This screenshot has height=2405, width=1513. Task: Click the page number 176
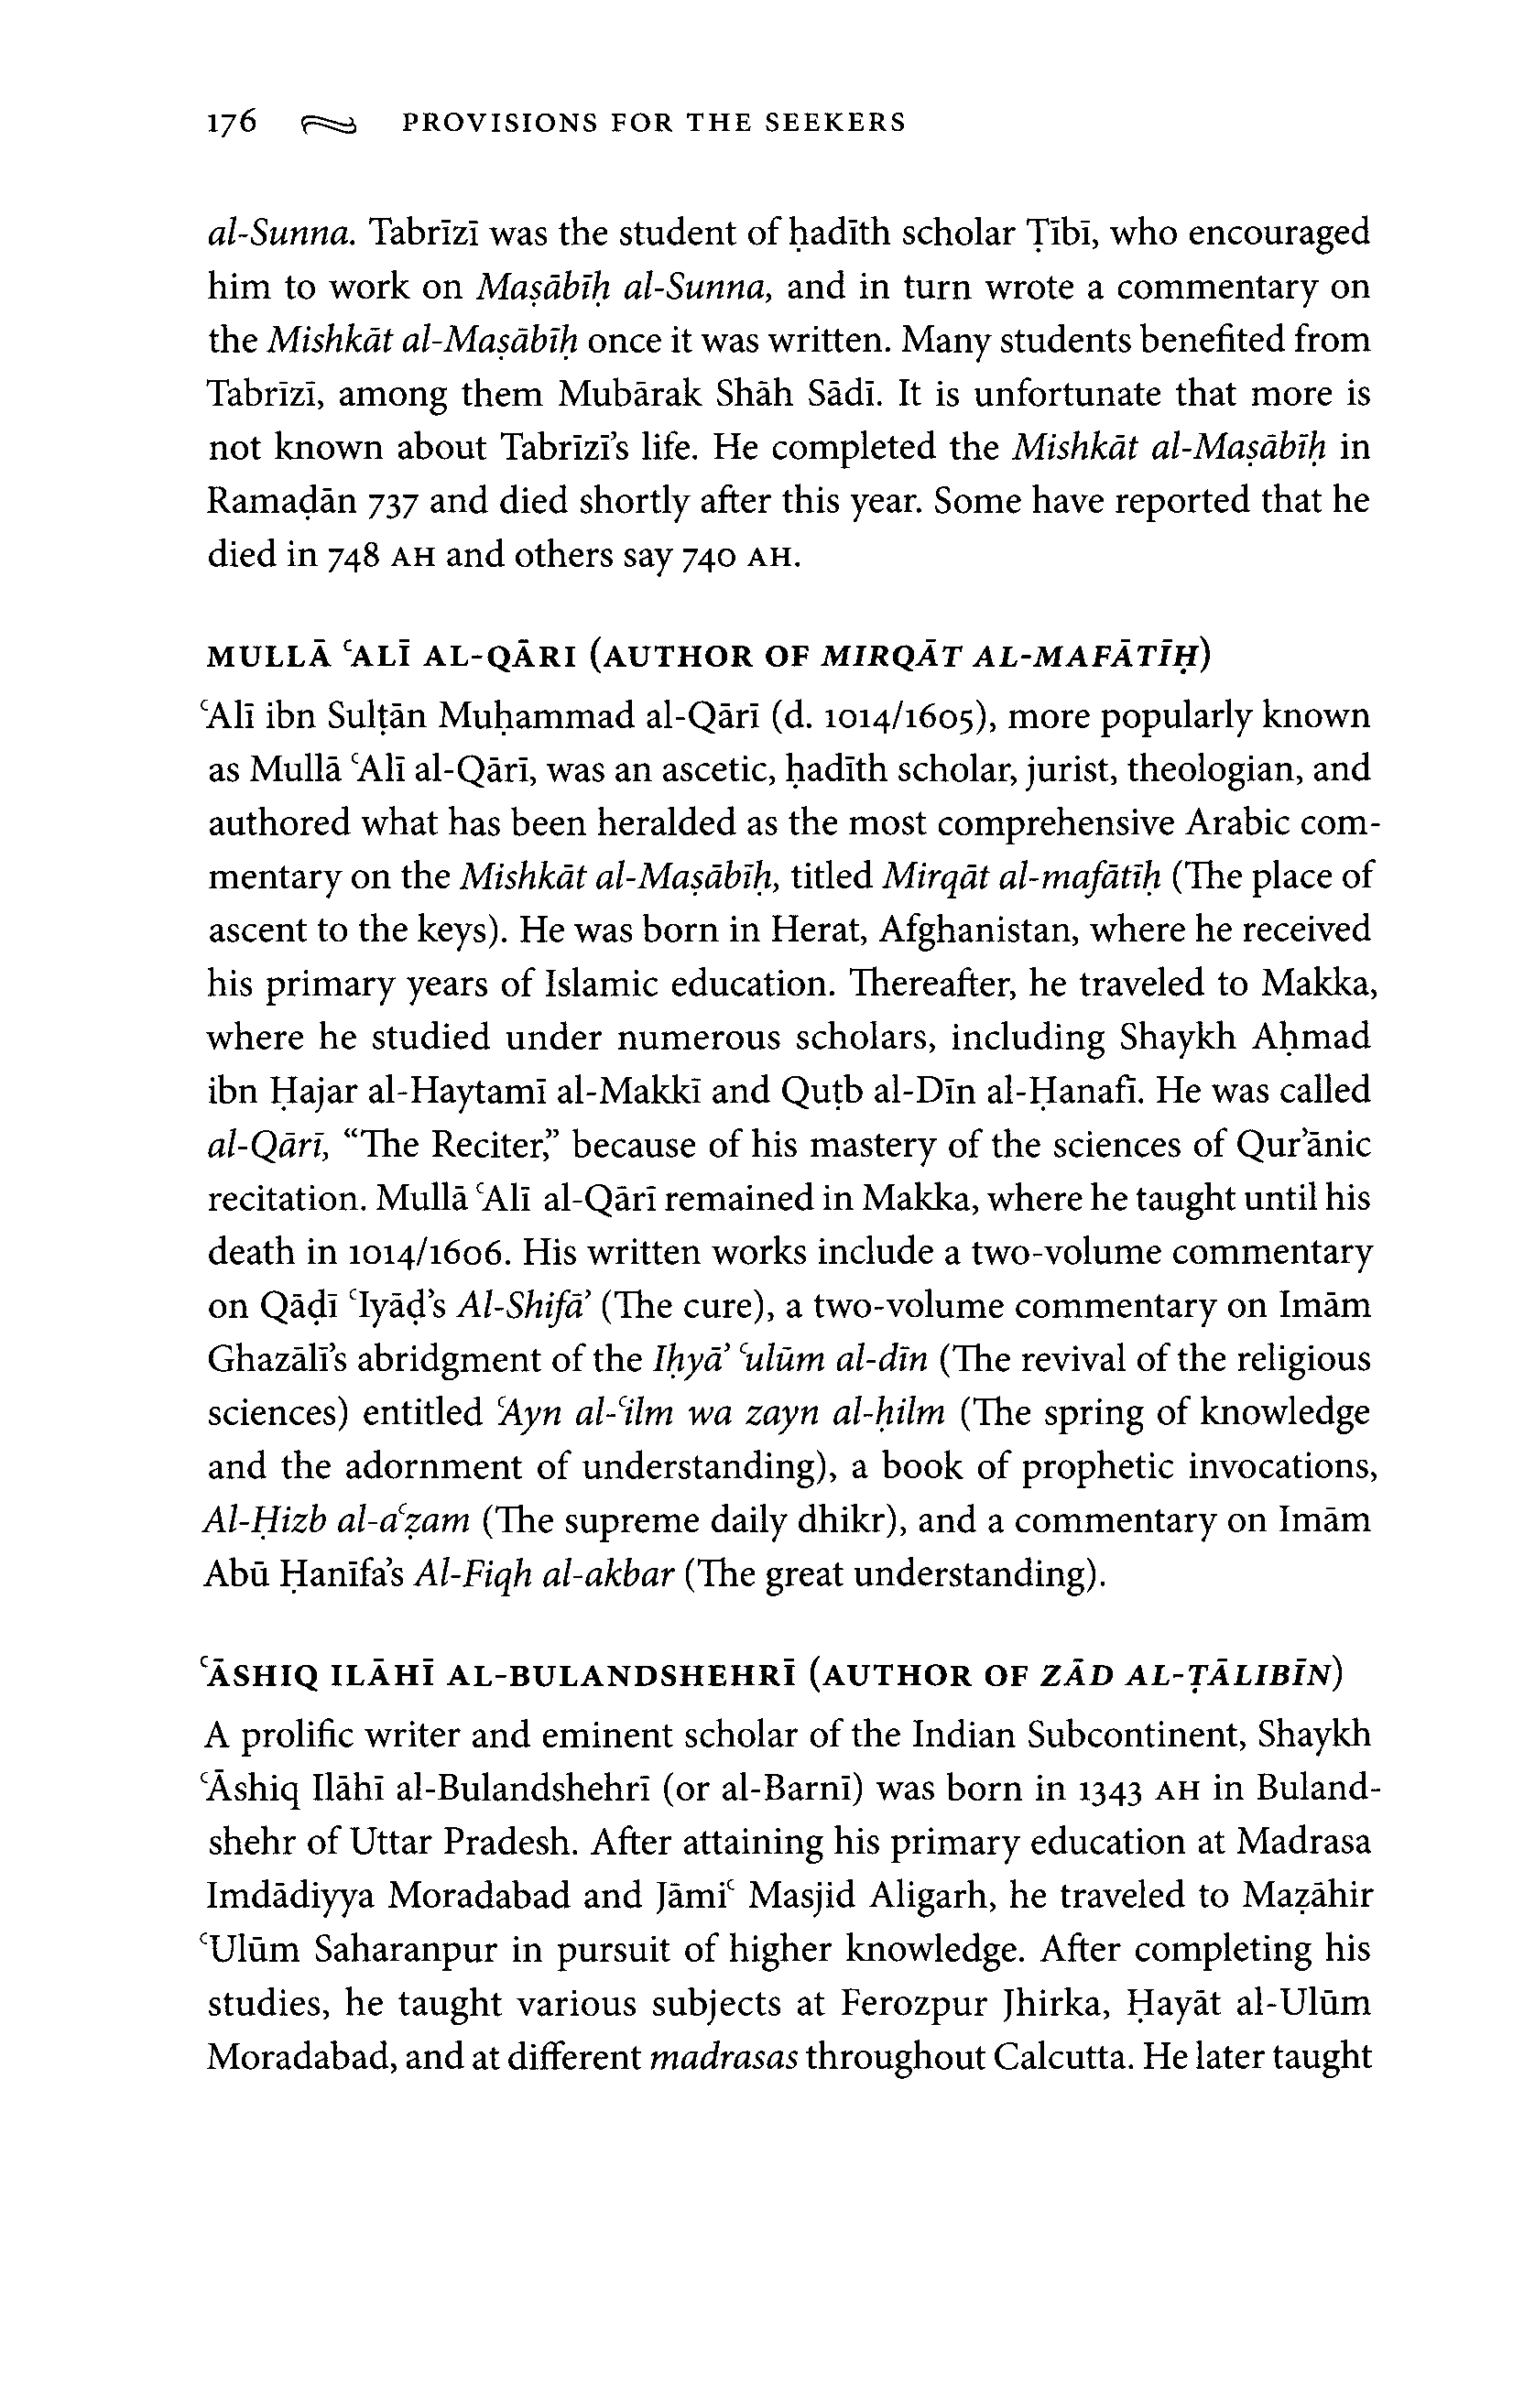pos(232,122)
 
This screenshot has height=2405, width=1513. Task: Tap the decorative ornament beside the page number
pos(328,124)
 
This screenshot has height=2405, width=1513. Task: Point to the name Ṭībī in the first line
pos(1061,234)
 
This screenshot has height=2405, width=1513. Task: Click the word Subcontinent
pos(1127,1735)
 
